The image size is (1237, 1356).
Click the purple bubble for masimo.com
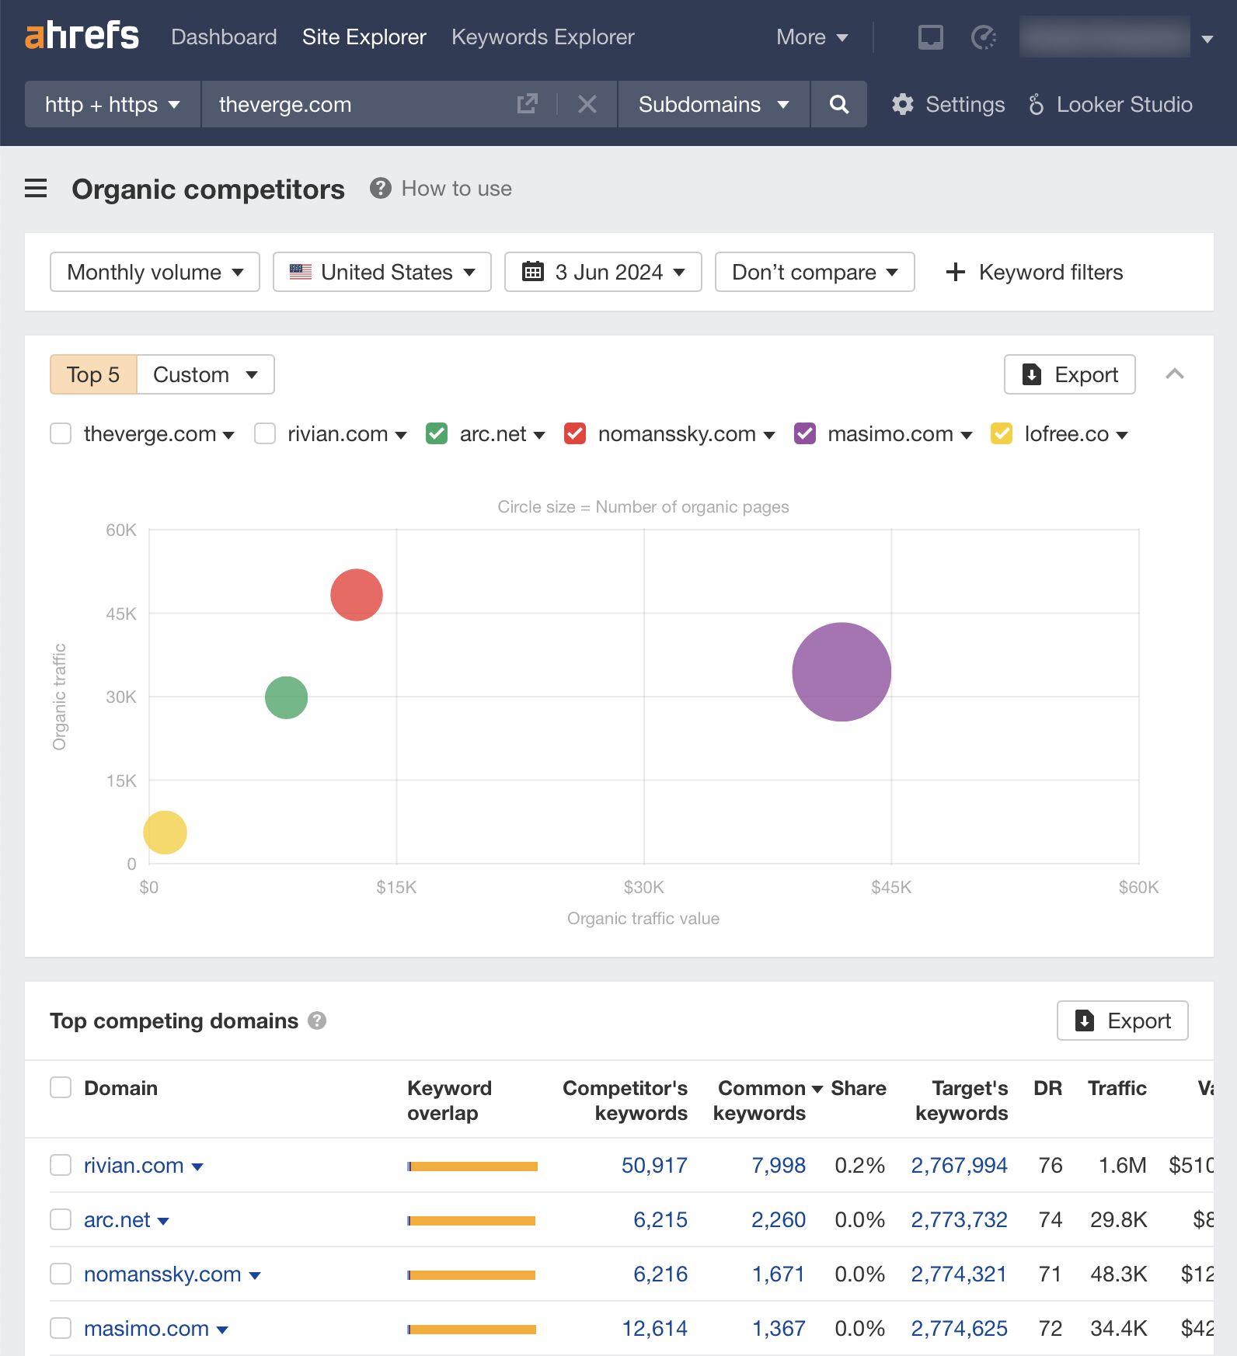tap(842, 672)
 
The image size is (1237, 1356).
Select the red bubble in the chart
tap(357, 595)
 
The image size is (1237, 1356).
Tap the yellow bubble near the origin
tap(165, 833)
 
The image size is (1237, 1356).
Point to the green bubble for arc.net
tap(286, 697)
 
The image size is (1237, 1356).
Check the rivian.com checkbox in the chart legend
tap(265, 433)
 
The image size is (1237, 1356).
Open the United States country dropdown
tap(382, 272)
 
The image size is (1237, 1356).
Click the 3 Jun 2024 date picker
tap(603, 272)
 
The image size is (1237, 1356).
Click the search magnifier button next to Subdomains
tap(838, 104)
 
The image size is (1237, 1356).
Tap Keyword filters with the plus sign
tap(1034, 272)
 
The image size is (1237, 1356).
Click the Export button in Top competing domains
tap(1122, 1020)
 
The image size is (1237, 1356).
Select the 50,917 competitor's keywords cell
tap(654, 1165)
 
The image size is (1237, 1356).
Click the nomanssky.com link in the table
tap(162, 1274)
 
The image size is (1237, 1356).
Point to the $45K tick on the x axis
tap(890, 887)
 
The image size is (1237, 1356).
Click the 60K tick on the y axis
tap(121, 530)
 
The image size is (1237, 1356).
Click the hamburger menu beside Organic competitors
tap(36, 189)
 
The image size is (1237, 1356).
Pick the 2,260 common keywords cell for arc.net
tap(778, 1219)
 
